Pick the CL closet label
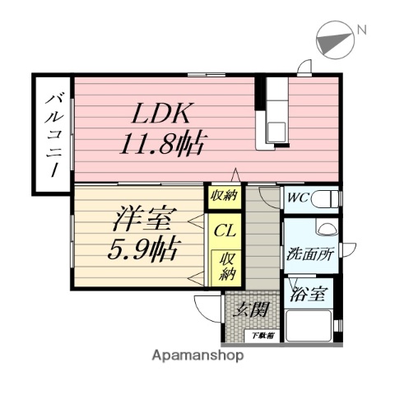[x=223, y=230]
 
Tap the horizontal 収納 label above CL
[x=223, y=196]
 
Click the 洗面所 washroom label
[x=309, y=256]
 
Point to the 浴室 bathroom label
[x=309, y=295]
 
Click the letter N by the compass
[x=360, y=30]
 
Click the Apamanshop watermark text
[x=197, y=356]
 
